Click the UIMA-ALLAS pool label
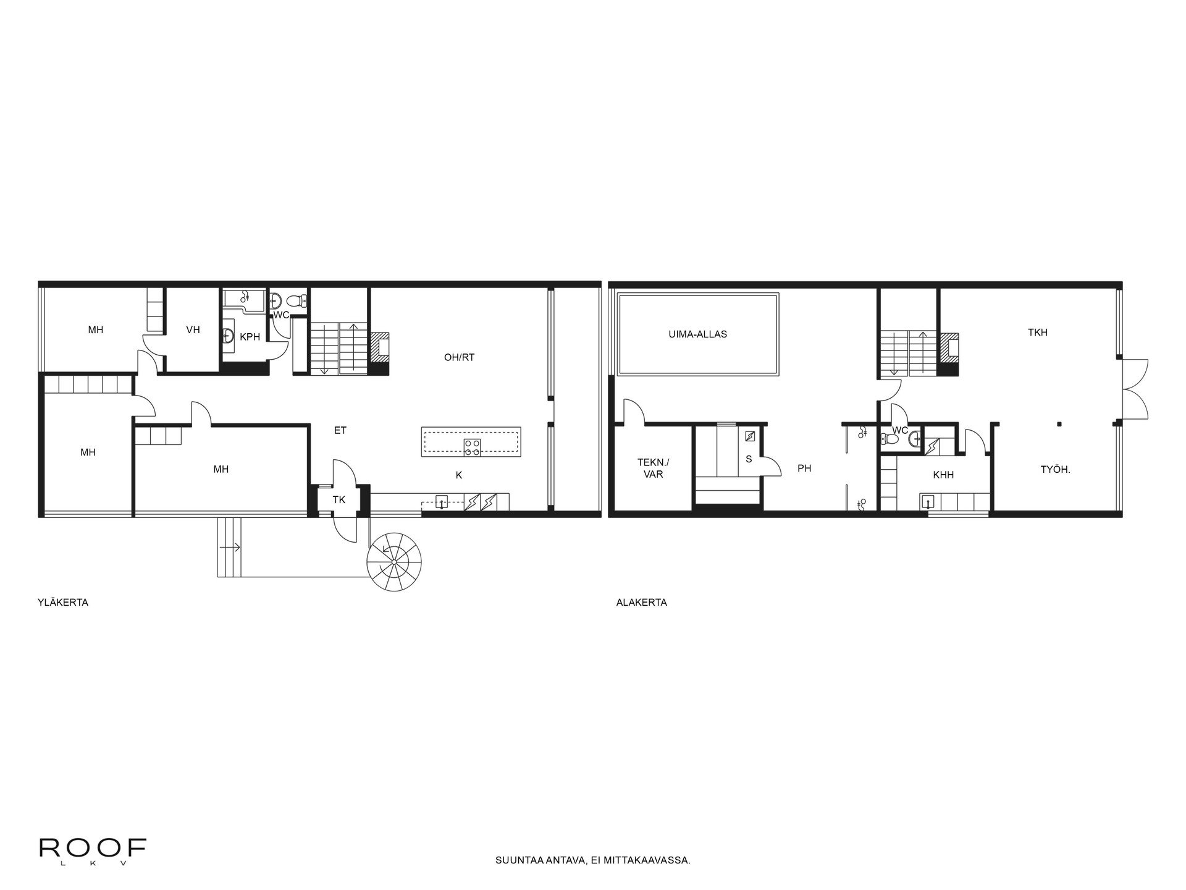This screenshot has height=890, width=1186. point(697,334)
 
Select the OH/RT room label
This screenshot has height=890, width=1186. point(459,357)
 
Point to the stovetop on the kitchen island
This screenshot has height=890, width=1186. point(473,447)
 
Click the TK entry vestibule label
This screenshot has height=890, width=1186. point(339,499)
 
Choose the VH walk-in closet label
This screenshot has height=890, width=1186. point(193,330)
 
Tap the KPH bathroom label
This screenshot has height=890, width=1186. point(250,337)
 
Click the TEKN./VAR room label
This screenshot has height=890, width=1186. point(653,468)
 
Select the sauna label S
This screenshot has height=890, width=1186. point(749,459)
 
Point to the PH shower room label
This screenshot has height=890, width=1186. point(804,468)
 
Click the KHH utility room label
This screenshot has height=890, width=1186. point(943,475)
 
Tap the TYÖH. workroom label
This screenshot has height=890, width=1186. point(1055,470)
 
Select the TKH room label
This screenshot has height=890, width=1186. point(1038,333)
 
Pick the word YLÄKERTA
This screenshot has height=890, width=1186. point(63,603)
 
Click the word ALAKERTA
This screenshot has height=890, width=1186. point(641,603)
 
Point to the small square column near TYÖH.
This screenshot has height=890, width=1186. point(1059,424)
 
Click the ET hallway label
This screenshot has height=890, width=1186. point(340,431)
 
